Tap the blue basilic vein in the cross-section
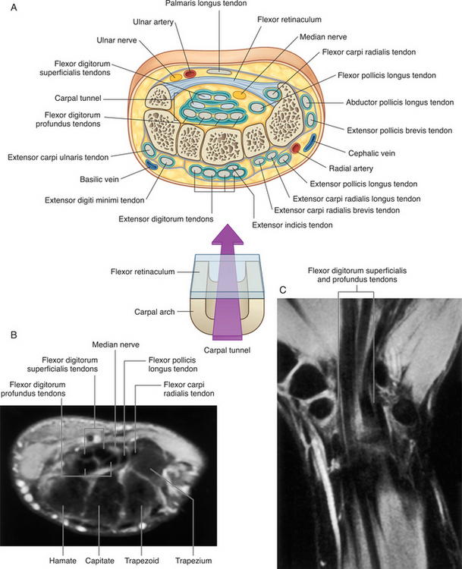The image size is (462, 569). click(x=152, y=162)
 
